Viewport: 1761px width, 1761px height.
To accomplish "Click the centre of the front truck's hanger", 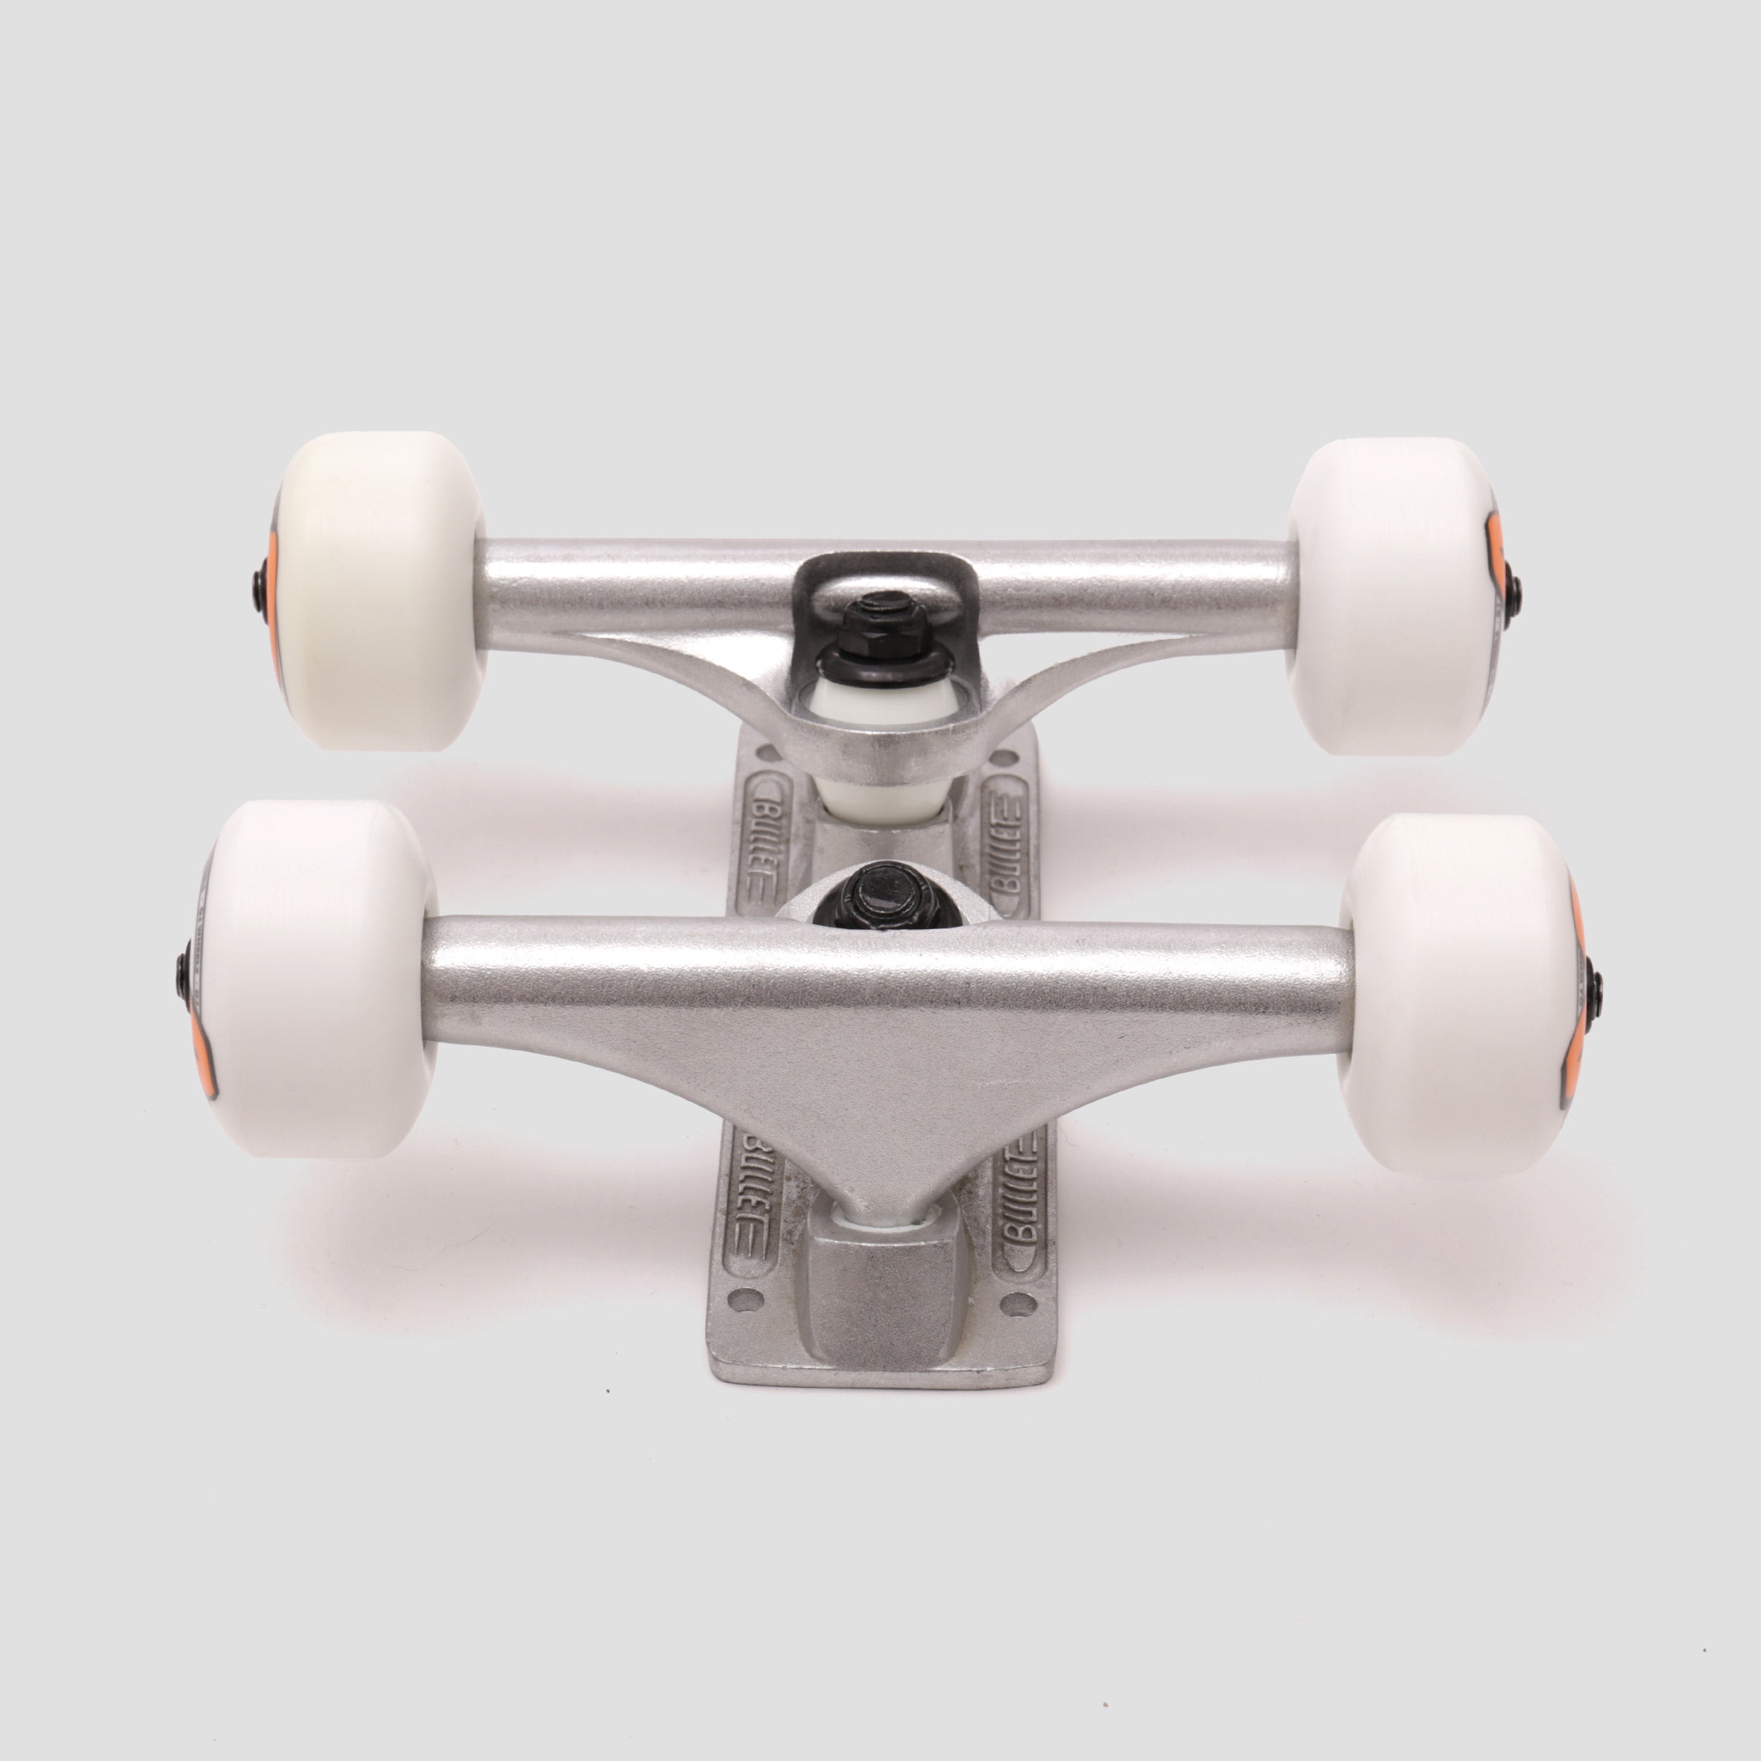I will (x=880, y=1030).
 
